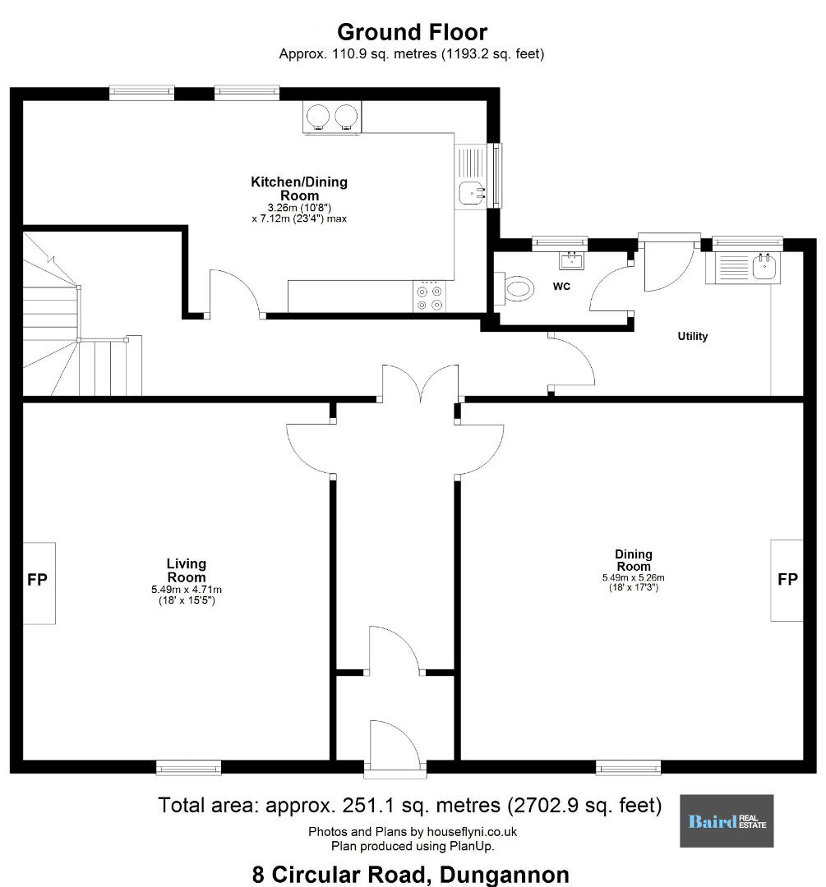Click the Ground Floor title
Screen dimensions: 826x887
(x=412, y=33)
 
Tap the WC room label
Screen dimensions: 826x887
(x=561, y=287)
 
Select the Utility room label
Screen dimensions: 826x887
(x=692, y=336)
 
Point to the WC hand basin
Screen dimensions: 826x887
(x=572, y=261)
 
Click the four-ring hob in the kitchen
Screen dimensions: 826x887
(x=429, y=296)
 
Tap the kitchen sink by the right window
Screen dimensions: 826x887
(x=472, y=192)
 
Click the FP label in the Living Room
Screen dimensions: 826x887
(x=37, y=579)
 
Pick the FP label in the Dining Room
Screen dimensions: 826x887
(x=787, y=579)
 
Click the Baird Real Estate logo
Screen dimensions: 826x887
(x=727, y=820)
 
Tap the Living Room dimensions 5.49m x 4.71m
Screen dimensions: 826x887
(x=187, y=590)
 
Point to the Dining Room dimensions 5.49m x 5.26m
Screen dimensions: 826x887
(x=633, y=577)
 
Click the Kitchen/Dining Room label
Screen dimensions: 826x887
(x=299, y=188)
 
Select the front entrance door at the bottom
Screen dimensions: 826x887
(x=395, y=747)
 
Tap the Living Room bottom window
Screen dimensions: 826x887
(x=188, y=768)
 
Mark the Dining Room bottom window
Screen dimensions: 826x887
(x=629, y=768)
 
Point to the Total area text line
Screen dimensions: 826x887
(x=410, y=805)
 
